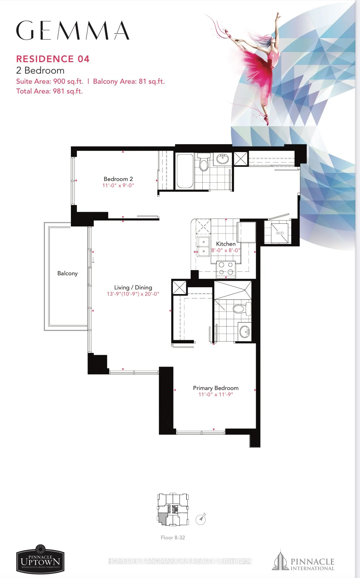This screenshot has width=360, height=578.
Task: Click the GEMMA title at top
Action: pyautogui.click(x=73, y=31)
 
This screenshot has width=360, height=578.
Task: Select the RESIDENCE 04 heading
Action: pyautogui.click(x=53, y=59)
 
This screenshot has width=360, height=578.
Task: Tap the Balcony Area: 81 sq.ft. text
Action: pyautogui.click(x=129, y=81)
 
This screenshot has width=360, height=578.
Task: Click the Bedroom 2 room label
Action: pyautogui.click(x=118, y=179)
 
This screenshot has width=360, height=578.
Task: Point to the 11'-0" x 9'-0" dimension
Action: pyautogui.click(x=118, y=186)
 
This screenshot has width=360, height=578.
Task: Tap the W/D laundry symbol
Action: pyautogui.click(x=280, y=233)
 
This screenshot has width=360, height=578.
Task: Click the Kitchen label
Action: pyautogui.click(x=226, y=244)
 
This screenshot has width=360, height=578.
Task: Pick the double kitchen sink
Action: pyautogui.click(x=203, y=246)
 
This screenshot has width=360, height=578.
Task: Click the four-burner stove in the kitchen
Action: pyautogui.click(x=226, y=268)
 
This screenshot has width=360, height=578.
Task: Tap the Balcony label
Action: pyautogui.click(x=67, y=273)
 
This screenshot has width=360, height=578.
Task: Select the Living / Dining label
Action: pyautogui.click(x=133, y=288)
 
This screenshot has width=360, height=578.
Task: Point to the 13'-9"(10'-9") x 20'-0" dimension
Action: pyautogui.click(x=133, y=294)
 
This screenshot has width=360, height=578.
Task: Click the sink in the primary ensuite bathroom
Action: pyautogui.click(x=244, y=331)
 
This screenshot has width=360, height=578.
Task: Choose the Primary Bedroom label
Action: pyautogui.click(x=216, y=388)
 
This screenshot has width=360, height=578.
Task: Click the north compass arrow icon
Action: pyautogui.click(x=201, y=519)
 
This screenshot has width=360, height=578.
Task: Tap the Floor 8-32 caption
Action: pyautogui.click(x=173, y=538)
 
